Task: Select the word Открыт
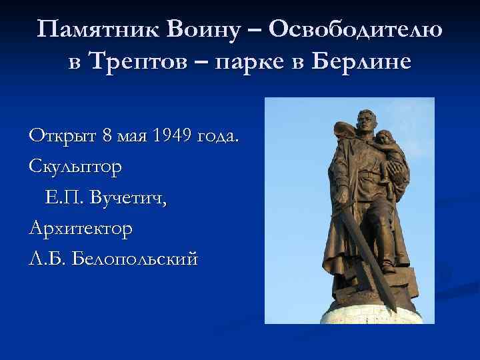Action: click(63, 137)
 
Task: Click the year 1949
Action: click(173, 137)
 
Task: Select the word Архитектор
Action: click(81, 229)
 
